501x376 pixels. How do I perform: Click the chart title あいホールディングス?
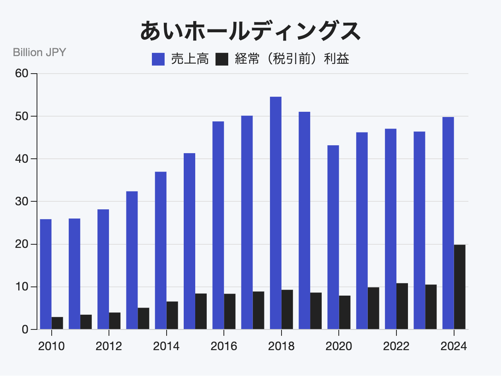(250, 31)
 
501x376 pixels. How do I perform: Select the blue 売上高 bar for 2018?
(276, 213)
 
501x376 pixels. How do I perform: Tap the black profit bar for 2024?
(460, 287)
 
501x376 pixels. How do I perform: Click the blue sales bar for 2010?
(46, 274)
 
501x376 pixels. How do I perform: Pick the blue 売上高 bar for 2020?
(333, 237)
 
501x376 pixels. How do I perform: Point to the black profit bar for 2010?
(57, 323)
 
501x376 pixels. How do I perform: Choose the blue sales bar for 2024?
(448, 223)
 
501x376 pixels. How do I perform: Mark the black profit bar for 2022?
(402, 306)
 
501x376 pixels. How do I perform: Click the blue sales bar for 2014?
(161, 250)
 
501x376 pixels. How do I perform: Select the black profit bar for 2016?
(229, 311)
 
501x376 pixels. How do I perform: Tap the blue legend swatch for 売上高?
(158, 60)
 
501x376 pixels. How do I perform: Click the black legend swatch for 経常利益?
(222, 60)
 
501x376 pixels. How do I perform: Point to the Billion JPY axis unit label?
(39, 52)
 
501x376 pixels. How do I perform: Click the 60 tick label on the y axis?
(22, 74)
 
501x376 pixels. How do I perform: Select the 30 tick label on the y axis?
(22, 202)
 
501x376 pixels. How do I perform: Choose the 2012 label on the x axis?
(109, 346)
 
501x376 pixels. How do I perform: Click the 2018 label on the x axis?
(281, 346)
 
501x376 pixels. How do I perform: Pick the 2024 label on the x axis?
(454, 346)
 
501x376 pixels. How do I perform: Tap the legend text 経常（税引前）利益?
(292, 60)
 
